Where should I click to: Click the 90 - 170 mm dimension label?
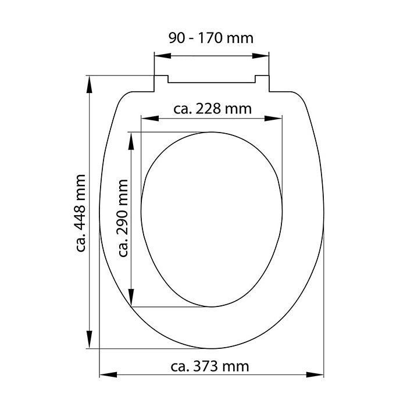click(x=210, y=38)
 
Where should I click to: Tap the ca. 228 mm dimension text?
click(x=212, y=109)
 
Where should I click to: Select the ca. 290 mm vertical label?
click(x=123, y=218)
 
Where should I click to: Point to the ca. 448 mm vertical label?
click(x=81, y=213)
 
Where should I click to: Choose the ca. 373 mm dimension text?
click(x=210, y=366)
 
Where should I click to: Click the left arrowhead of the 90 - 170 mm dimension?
click(x=163, y=56)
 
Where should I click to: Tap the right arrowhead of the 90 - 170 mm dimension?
click(x=260, y=56)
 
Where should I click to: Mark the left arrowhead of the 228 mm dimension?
click(x=150, y=119)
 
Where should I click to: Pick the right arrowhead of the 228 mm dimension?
click(x=273, y=119)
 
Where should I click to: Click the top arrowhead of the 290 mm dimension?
click(x=131, y=141)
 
